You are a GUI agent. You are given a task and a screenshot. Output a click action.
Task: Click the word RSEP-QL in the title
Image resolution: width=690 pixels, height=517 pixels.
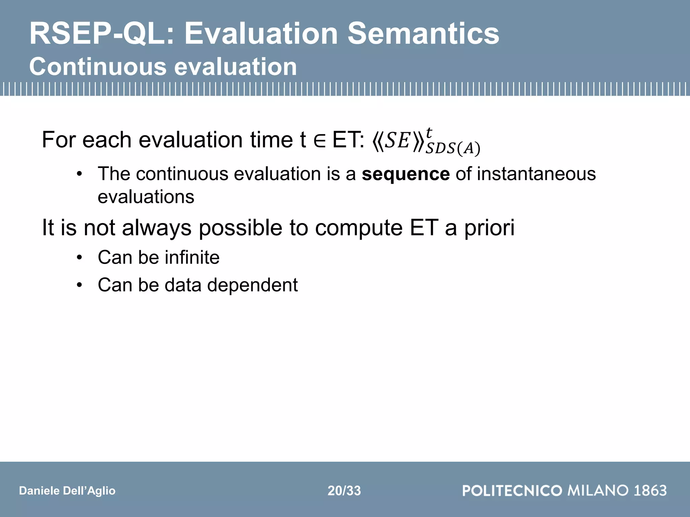coord(101,34)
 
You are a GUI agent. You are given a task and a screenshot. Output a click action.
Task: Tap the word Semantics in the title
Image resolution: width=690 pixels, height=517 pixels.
coord(423,34)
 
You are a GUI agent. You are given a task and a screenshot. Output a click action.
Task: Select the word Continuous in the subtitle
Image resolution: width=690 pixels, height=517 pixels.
coord(98,67)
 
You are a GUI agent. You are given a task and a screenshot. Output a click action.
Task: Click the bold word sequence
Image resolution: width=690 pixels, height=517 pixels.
coord(406,174)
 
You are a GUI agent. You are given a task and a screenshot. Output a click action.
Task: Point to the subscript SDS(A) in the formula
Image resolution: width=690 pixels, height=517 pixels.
coord(452,148)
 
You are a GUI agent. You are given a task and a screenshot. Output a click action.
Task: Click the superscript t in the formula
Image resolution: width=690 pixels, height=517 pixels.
coord(429,132)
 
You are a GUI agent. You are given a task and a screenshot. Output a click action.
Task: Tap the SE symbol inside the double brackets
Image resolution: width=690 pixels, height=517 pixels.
coord(398,141)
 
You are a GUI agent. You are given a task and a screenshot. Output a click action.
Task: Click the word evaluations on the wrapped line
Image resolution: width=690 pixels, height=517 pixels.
coord(146,197)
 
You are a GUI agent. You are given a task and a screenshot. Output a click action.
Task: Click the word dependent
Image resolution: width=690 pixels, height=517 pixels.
coord(252,285)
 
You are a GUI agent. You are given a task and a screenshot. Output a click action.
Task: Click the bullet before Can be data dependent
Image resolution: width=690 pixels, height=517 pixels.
coord(79,285)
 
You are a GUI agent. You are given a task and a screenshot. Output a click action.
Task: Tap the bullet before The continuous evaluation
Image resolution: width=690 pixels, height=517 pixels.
coord(79,174)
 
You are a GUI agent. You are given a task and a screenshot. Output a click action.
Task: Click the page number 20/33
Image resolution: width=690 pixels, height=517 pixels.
coord(344,491)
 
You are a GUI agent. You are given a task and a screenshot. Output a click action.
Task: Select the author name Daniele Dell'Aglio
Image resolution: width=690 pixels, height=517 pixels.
coord(67,491)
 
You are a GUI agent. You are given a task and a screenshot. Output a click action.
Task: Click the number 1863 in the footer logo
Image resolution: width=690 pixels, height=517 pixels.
coord(650,490)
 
